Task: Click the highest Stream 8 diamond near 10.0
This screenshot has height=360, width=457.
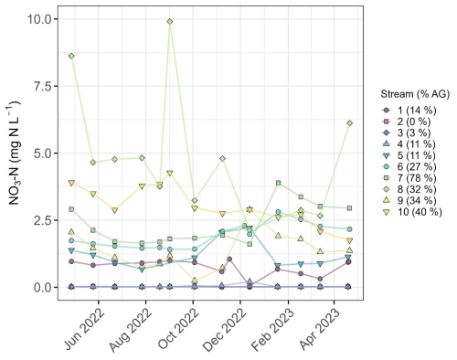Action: tap(170, 22)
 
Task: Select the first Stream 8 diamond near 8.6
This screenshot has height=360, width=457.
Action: tap(71, 56)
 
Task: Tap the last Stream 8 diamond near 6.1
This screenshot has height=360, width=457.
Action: tap(349, 123)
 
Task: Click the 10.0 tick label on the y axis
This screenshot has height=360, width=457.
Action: tap(39, 19)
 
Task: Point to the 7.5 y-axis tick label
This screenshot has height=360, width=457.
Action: tap(42, 86)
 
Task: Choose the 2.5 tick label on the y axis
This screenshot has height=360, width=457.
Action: tap(42, 220)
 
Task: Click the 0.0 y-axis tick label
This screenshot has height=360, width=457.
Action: tap(42, 287)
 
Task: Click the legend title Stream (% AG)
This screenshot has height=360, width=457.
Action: tap(415, 94)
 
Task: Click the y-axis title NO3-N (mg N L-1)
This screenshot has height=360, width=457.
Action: tap(13, 153)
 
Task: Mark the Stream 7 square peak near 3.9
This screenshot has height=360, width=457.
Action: tap(278, 183)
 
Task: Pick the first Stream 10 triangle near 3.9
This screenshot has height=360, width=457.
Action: tap(71, 183)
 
